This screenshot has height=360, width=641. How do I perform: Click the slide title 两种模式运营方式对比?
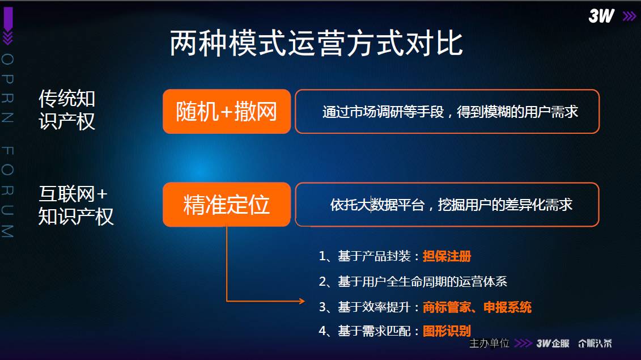316,43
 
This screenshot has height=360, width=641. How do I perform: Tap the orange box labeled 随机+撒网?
227,111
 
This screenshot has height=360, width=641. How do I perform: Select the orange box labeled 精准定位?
227,204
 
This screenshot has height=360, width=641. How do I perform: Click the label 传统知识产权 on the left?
67,109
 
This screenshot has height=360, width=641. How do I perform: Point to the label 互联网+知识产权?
75,205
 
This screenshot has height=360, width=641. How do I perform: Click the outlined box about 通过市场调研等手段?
447,111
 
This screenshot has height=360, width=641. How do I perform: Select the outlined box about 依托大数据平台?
447,204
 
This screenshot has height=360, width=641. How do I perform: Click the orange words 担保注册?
447,256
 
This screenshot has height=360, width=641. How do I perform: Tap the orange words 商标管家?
447,307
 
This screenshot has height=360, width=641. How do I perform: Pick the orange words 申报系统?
507,307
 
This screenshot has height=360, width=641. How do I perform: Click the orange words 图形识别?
447,331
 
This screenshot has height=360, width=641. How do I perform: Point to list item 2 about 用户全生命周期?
413,281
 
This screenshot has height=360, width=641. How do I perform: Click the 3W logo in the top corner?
601,16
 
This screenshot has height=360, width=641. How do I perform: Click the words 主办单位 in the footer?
489,343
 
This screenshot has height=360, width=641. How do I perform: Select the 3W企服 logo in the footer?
553,343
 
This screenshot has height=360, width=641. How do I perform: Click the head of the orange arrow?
302,301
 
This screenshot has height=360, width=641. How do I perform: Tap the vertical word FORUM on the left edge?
8,192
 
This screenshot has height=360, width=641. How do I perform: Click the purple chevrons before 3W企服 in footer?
523,343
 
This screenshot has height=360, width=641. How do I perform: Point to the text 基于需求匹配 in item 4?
374,331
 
